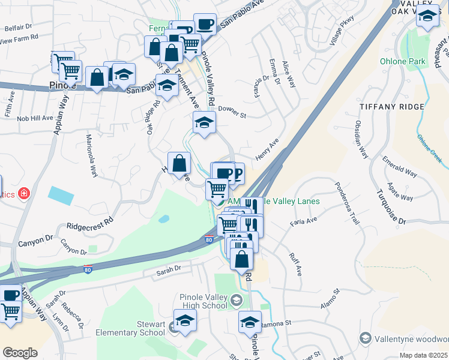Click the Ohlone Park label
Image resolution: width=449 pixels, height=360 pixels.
[402, 61]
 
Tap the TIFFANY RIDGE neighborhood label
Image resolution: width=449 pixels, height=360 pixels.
[393, 106]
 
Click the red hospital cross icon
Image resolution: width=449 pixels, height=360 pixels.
[23, 194]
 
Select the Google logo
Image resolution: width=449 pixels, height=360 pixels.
[20, 353]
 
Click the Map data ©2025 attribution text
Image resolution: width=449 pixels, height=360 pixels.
[424, 355]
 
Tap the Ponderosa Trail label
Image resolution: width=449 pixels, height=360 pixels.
[349, 203]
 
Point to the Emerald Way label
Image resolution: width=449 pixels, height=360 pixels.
[402, 172]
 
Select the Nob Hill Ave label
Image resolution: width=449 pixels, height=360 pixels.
[35, 118]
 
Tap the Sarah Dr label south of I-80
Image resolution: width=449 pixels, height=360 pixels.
[169, 270]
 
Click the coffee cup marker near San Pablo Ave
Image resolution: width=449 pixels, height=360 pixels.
[205, 24]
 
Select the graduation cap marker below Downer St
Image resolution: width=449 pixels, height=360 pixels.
[204, 122]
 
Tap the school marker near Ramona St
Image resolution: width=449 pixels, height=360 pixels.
[250, 322]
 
